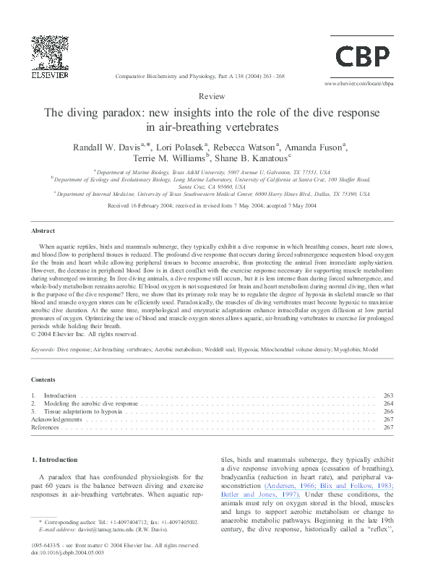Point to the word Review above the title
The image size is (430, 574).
tap(215, 95)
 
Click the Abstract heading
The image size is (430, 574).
tap(43, 231)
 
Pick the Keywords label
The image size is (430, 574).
tap(44, 350)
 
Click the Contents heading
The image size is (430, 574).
tap(44, 380)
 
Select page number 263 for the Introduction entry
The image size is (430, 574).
tap(388, 396)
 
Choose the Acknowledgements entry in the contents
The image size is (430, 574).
tap(57, 419)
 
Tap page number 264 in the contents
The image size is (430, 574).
tap(388, 403)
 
